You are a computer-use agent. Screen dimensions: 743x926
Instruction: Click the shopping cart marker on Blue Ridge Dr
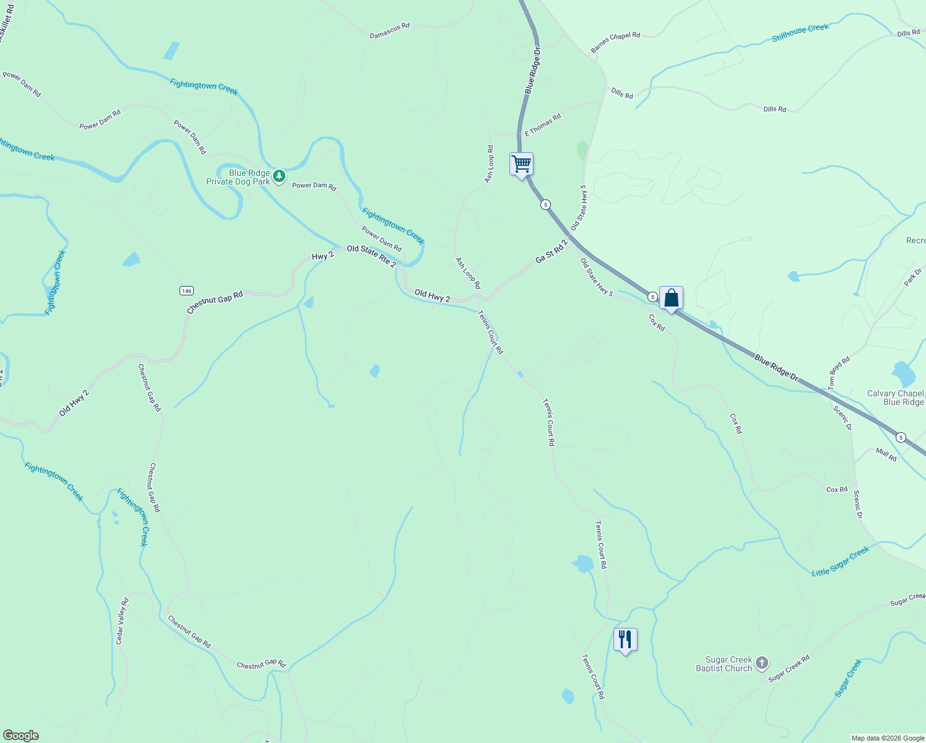[x=522, y=165]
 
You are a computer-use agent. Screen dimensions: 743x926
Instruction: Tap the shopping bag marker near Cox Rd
[x=671, y=298]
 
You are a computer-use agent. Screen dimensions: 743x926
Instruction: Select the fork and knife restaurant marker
[x=625, y=640]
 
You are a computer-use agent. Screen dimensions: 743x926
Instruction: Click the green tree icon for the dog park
[x=279, y=176]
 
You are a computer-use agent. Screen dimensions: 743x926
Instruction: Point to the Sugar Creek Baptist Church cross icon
[x=762, y=664]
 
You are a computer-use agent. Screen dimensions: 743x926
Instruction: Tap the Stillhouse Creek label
[x=800, y=33]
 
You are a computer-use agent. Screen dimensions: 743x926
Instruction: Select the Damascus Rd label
[x=389, y=30]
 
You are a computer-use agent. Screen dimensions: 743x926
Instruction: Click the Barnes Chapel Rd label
[x=615, y=43]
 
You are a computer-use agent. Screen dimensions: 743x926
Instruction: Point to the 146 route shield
[x=187, y=290]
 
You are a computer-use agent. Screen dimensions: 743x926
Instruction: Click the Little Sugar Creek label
[x=840, y=562]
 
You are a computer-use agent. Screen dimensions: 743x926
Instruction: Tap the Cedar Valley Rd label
[x=122, y=621]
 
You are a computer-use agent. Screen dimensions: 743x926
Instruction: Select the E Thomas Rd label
[x=543, y=124]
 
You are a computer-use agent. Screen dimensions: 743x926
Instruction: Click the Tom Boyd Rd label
[x=839, y=373]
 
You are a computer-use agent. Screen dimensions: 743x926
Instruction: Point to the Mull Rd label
[x=886, y=455]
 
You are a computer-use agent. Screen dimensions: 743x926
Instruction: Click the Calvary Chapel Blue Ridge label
[x=895, y=398]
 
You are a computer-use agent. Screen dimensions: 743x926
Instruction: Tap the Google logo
[x=20, y=736]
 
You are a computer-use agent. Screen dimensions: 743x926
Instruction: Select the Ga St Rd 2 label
[x=552, y=251]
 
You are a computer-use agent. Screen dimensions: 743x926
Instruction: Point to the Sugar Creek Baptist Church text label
[x=724, y=664]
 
